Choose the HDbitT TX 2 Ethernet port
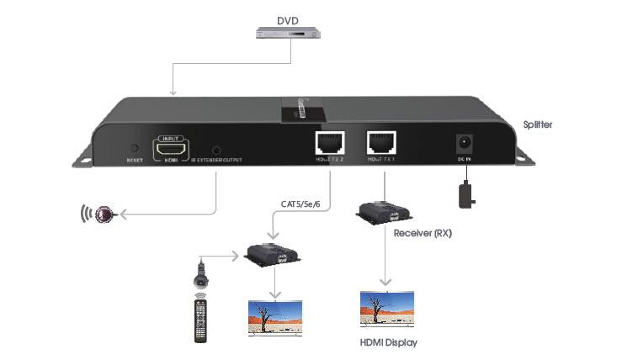click(326, 144)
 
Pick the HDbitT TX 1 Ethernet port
click(383, 144)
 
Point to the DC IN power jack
click(463, 144)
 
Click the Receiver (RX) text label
click(423, 233)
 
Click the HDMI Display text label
click(388, 342)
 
